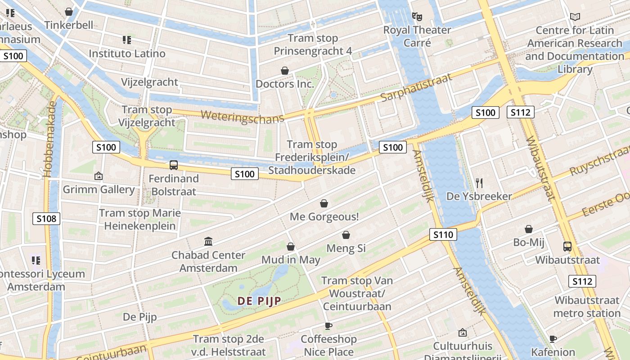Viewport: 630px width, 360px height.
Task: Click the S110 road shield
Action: coord(443,234)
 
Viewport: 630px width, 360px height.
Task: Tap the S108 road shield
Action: coord(46,219)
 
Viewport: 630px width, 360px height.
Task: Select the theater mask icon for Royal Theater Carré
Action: coord(417,17)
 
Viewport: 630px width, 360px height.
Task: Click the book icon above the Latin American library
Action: coord(575,17)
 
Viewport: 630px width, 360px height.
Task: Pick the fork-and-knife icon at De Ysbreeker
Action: coord(479,183)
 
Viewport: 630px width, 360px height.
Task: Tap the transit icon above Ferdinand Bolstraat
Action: coord(174,165)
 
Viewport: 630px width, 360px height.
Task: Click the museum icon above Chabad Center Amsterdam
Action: coord(208,242)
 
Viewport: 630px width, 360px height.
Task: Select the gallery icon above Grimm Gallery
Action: coord(99,176)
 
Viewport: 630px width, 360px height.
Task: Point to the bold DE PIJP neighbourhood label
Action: coord(259,301)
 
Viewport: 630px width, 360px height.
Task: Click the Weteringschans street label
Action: coord(243,116)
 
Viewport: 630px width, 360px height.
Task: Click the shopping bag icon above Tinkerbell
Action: coord(69,12)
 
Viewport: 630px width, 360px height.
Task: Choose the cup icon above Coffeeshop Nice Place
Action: coord(328,326)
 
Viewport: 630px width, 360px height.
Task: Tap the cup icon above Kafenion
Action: coord(553,339)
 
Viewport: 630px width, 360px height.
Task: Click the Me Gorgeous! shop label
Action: coord(324,216)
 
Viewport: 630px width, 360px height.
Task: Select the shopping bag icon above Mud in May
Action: coord(291,247)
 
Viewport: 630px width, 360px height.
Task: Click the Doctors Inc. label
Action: coord(284,84)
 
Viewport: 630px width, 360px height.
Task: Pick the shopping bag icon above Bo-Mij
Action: coord(529,229)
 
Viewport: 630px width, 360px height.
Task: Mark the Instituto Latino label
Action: coord(127,53)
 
